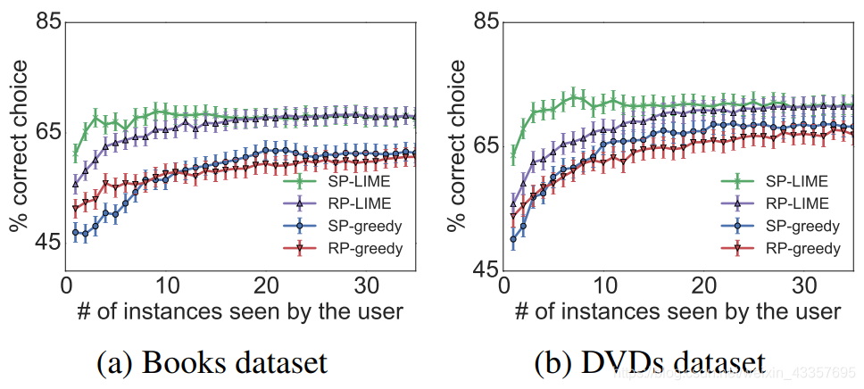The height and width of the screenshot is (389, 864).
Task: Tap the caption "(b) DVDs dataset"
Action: (x=649, y=363)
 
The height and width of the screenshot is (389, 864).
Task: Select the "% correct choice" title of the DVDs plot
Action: (x=457, y=146)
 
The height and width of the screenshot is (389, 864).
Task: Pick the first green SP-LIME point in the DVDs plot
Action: (x=514, y=158)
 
